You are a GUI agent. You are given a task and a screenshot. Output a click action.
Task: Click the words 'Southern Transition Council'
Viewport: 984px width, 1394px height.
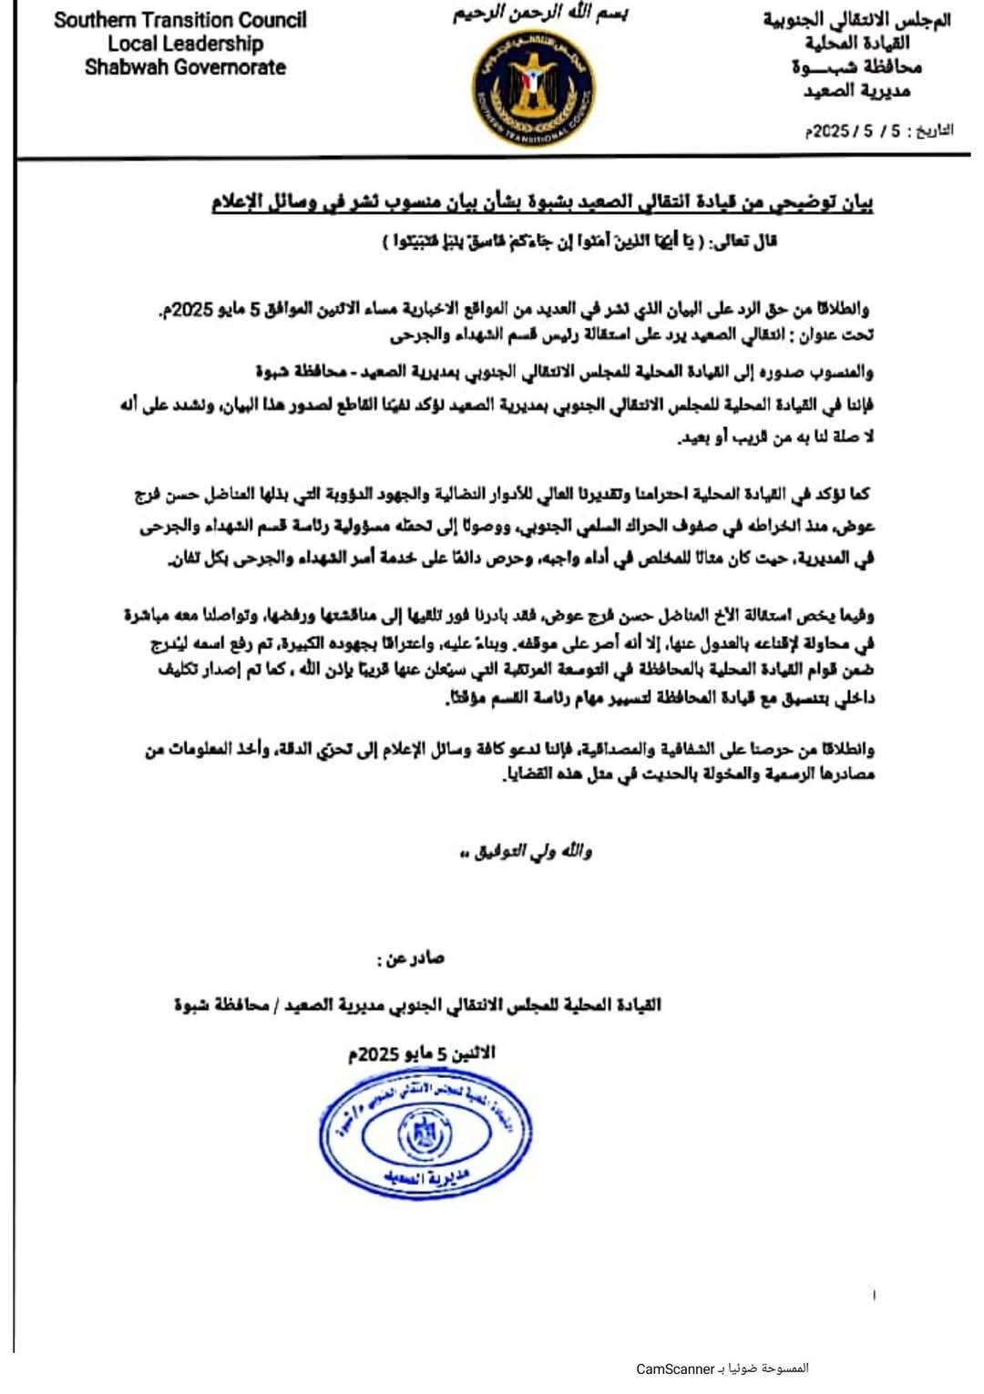180,20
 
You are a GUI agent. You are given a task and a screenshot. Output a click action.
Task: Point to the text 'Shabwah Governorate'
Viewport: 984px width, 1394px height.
185,67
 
